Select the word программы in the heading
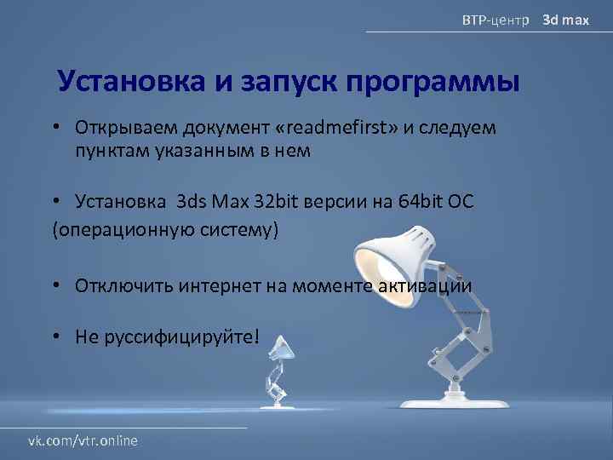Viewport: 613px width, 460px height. [433, 82]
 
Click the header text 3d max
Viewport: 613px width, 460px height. [566, 19]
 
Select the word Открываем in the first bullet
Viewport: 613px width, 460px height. [119, 128]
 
